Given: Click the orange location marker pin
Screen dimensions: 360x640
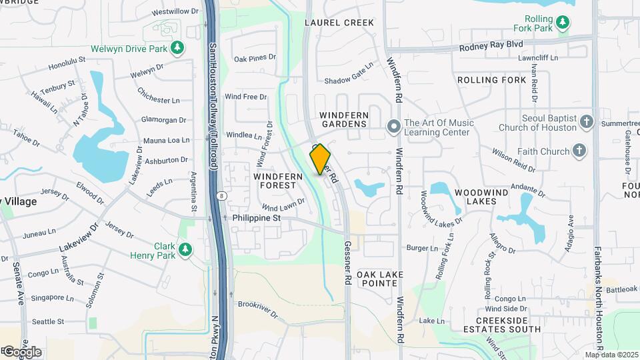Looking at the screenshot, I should click(x=321, y=159).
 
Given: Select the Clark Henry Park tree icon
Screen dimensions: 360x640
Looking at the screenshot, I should click(x=185, y=249).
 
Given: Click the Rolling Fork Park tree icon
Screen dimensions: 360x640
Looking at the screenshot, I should click(x=564, y=23).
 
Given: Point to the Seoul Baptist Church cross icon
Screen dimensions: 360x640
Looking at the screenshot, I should click(x=586, y=121).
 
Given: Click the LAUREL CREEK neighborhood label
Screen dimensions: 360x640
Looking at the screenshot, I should click(x=339, y=23).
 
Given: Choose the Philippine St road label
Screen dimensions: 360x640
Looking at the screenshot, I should click(x=257, y=218).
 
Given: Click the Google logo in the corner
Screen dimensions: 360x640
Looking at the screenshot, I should click(x=21, y=351).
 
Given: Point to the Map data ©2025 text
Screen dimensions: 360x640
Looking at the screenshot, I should click(x=611, y=355).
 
